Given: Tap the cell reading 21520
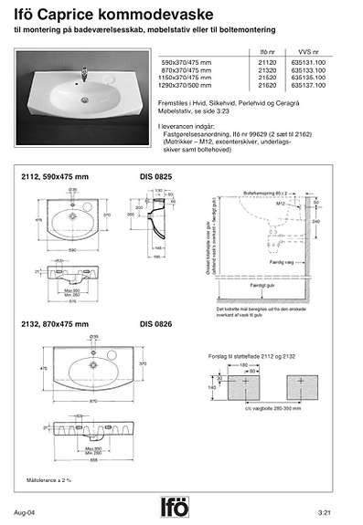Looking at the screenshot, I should [x=269, y=77].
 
